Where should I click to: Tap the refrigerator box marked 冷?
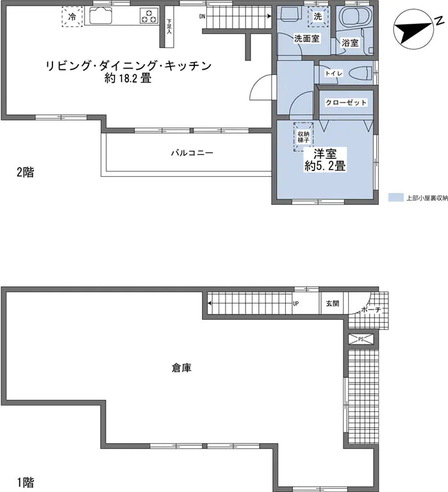coord(72,17)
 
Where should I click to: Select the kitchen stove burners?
coord(149,16)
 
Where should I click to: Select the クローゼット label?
coord(346,102)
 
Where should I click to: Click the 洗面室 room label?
coord(307,39)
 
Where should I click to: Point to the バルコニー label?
coord(192,153)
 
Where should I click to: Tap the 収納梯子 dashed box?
coord(303,135)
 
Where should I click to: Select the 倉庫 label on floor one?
coord(181,368)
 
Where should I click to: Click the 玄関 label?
coord(332,304)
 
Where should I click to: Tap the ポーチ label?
coord(371,311)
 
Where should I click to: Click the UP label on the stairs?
coord(296,304)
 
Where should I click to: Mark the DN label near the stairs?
coord(203,16)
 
